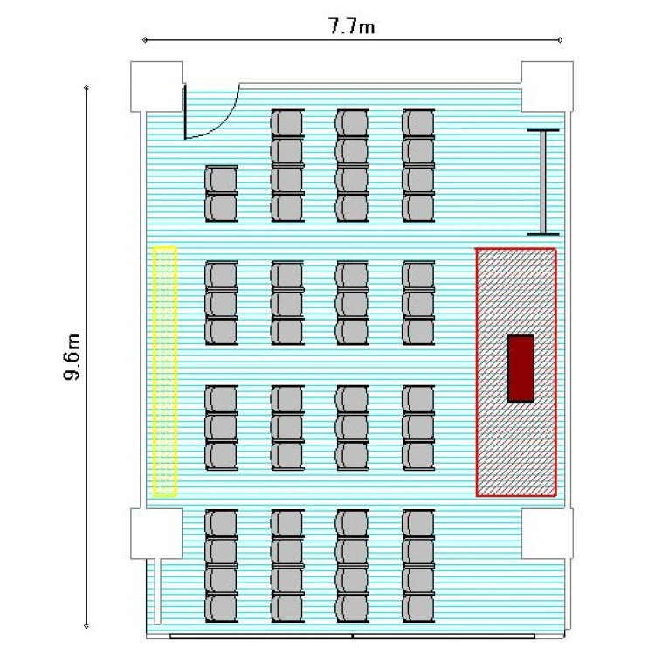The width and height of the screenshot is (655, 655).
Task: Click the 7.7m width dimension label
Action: coord(352,26)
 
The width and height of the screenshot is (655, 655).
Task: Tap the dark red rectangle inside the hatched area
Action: coord(521,369)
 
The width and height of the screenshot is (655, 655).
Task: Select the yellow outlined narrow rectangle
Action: coord(164,372)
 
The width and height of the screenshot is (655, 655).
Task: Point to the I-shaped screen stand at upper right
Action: coord(543,183)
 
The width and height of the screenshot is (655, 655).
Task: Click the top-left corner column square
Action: coord(156,86)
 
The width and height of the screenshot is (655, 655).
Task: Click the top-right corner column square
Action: coord(548,86)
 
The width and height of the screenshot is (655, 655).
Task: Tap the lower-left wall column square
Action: coord(156,534)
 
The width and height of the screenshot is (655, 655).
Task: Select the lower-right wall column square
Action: coord(548,534)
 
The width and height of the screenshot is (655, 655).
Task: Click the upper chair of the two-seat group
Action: coord(221,180)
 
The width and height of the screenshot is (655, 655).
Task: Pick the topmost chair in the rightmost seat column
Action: coord(418,123)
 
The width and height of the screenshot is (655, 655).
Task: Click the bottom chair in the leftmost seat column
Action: coord(221,608)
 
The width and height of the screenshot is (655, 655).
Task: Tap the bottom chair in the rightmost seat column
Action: coord(418,608)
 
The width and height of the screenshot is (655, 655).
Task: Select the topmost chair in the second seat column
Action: coord(287,123)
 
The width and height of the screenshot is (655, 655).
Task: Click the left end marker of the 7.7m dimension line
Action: coord(144,40)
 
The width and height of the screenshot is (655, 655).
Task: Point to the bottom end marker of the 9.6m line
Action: coord(86,626)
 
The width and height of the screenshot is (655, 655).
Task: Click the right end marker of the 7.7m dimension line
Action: coord(560,40)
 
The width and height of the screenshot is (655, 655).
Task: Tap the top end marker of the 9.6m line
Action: coord(86,87)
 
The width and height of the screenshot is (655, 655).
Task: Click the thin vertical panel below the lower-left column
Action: coord(158,591)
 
